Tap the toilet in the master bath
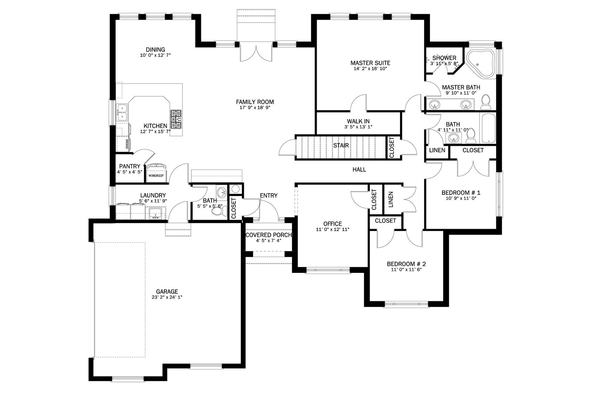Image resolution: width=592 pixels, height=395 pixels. point(485,102)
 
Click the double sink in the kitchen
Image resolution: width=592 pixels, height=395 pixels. point(122,112)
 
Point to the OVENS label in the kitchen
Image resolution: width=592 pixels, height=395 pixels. point(127,144)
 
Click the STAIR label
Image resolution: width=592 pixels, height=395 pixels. point(341,145)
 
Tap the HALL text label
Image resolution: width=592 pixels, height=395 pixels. point(359,170)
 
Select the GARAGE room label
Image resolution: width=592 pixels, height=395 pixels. point(167,291)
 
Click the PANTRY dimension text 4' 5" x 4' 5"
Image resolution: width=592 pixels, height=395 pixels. point(129,172)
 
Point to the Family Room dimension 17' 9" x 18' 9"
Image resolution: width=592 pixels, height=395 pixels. point(255,108)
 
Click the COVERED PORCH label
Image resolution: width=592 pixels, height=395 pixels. point(269,235)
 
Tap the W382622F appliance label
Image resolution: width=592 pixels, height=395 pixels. point(156,175)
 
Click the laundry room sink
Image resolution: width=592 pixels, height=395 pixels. point(155,213)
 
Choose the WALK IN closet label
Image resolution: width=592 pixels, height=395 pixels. point(358,121)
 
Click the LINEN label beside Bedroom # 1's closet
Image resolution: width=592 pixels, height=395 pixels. point(437,150)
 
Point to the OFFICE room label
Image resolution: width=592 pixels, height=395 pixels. point(333,224)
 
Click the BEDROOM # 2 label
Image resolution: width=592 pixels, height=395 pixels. point(406,264)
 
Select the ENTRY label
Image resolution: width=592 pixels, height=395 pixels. point(269,195)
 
